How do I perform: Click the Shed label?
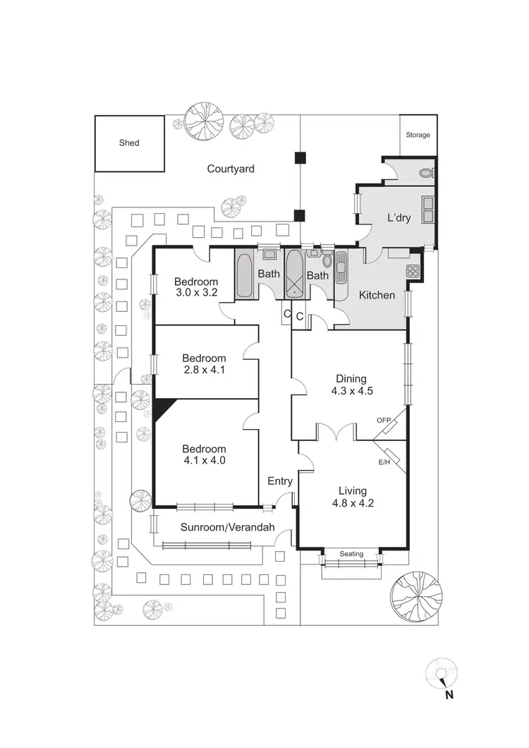click(x=129, y=143)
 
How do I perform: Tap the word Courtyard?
click(x=231, y=169)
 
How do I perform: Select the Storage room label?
click(x=418, y=135)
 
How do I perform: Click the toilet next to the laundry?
click(x=425, y=171)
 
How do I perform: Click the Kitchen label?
click(x=377, y=295)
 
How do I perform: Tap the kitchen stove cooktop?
click(x=413, y=270)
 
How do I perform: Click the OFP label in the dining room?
click(x=384, y=421)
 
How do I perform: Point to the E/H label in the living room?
click(x=384, y=463)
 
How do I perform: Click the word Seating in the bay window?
click(x=351, y=554)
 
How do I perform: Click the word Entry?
click(x=280, y=481)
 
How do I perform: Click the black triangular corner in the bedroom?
click(x=162, y=408)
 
